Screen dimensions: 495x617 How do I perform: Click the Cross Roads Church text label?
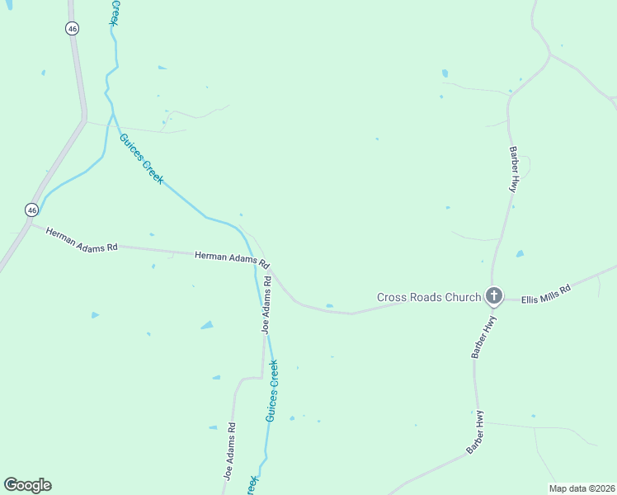[x=428, y=297]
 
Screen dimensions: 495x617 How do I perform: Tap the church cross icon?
[x=493, y=295]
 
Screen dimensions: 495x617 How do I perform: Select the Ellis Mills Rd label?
[x=546, y=295]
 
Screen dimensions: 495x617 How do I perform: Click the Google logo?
[x=27, y=485]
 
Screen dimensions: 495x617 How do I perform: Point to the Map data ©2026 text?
[x=582, y=488]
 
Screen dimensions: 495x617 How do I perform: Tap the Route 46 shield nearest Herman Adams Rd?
[x=31, y=210]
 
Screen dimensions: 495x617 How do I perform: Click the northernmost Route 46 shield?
[x=72, y=28]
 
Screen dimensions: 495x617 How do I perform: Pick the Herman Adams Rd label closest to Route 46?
[x=82, y=240]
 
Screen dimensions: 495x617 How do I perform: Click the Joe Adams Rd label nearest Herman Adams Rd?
[x=266, y=304]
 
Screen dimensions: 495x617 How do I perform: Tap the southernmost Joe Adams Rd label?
[x=230, y=451]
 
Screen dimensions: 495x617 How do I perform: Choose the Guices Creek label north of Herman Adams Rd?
[x=142, y=159]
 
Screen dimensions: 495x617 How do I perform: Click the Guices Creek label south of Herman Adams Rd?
[x=271, y=391]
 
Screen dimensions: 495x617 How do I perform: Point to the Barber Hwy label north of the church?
[x=513, y=169]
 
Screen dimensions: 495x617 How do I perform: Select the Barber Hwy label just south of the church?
[x=483, y=337]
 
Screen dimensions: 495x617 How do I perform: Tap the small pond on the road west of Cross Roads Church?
[x=329, y=306]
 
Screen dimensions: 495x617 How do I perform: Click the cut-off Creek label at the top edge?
[x=115, y=12]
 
